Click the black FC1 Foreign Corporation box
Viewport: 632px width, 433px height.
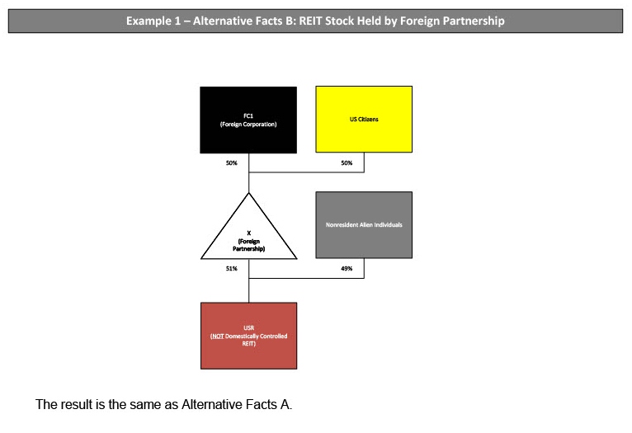248,120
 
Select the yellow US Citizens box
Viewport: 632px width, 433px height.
364,120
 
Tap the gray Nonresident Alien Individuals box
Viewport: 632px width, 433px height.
364,224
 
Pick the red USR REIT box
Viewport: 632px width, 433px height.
248,335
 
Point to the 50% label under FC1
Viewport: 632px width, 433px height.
232,163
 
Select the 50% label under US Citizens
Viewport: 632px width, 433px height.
347,163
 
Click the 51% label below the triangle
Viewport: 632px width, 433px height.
232,269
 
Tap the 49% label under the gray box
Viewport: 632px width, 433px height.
347,269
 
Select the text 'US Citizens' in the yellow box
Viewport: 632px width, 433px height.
364,120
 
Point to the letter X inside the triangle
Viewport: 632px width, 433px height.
248,233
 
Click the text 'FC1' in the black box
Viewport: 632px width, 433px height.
248,116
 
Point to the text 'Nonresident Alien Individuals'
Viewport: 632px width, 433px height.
364,225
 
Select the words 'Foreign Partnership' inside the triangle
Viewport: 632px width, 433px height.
248,245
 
